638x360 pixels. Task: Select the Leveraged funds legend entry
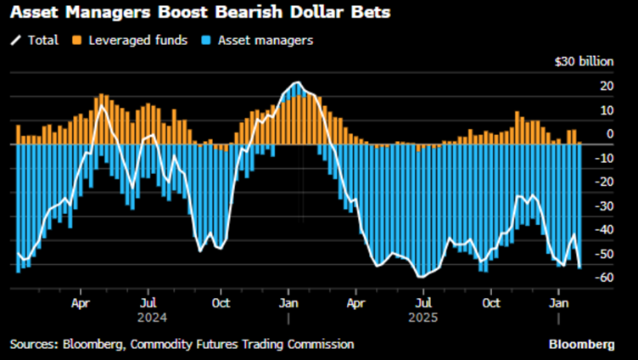point(128,39)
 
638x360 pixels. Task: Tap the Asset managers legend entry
point(258,39)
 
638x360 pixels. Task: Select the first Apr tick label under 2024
point(81,302)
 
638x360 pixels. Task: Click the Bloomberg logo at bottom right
point(582,344)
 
